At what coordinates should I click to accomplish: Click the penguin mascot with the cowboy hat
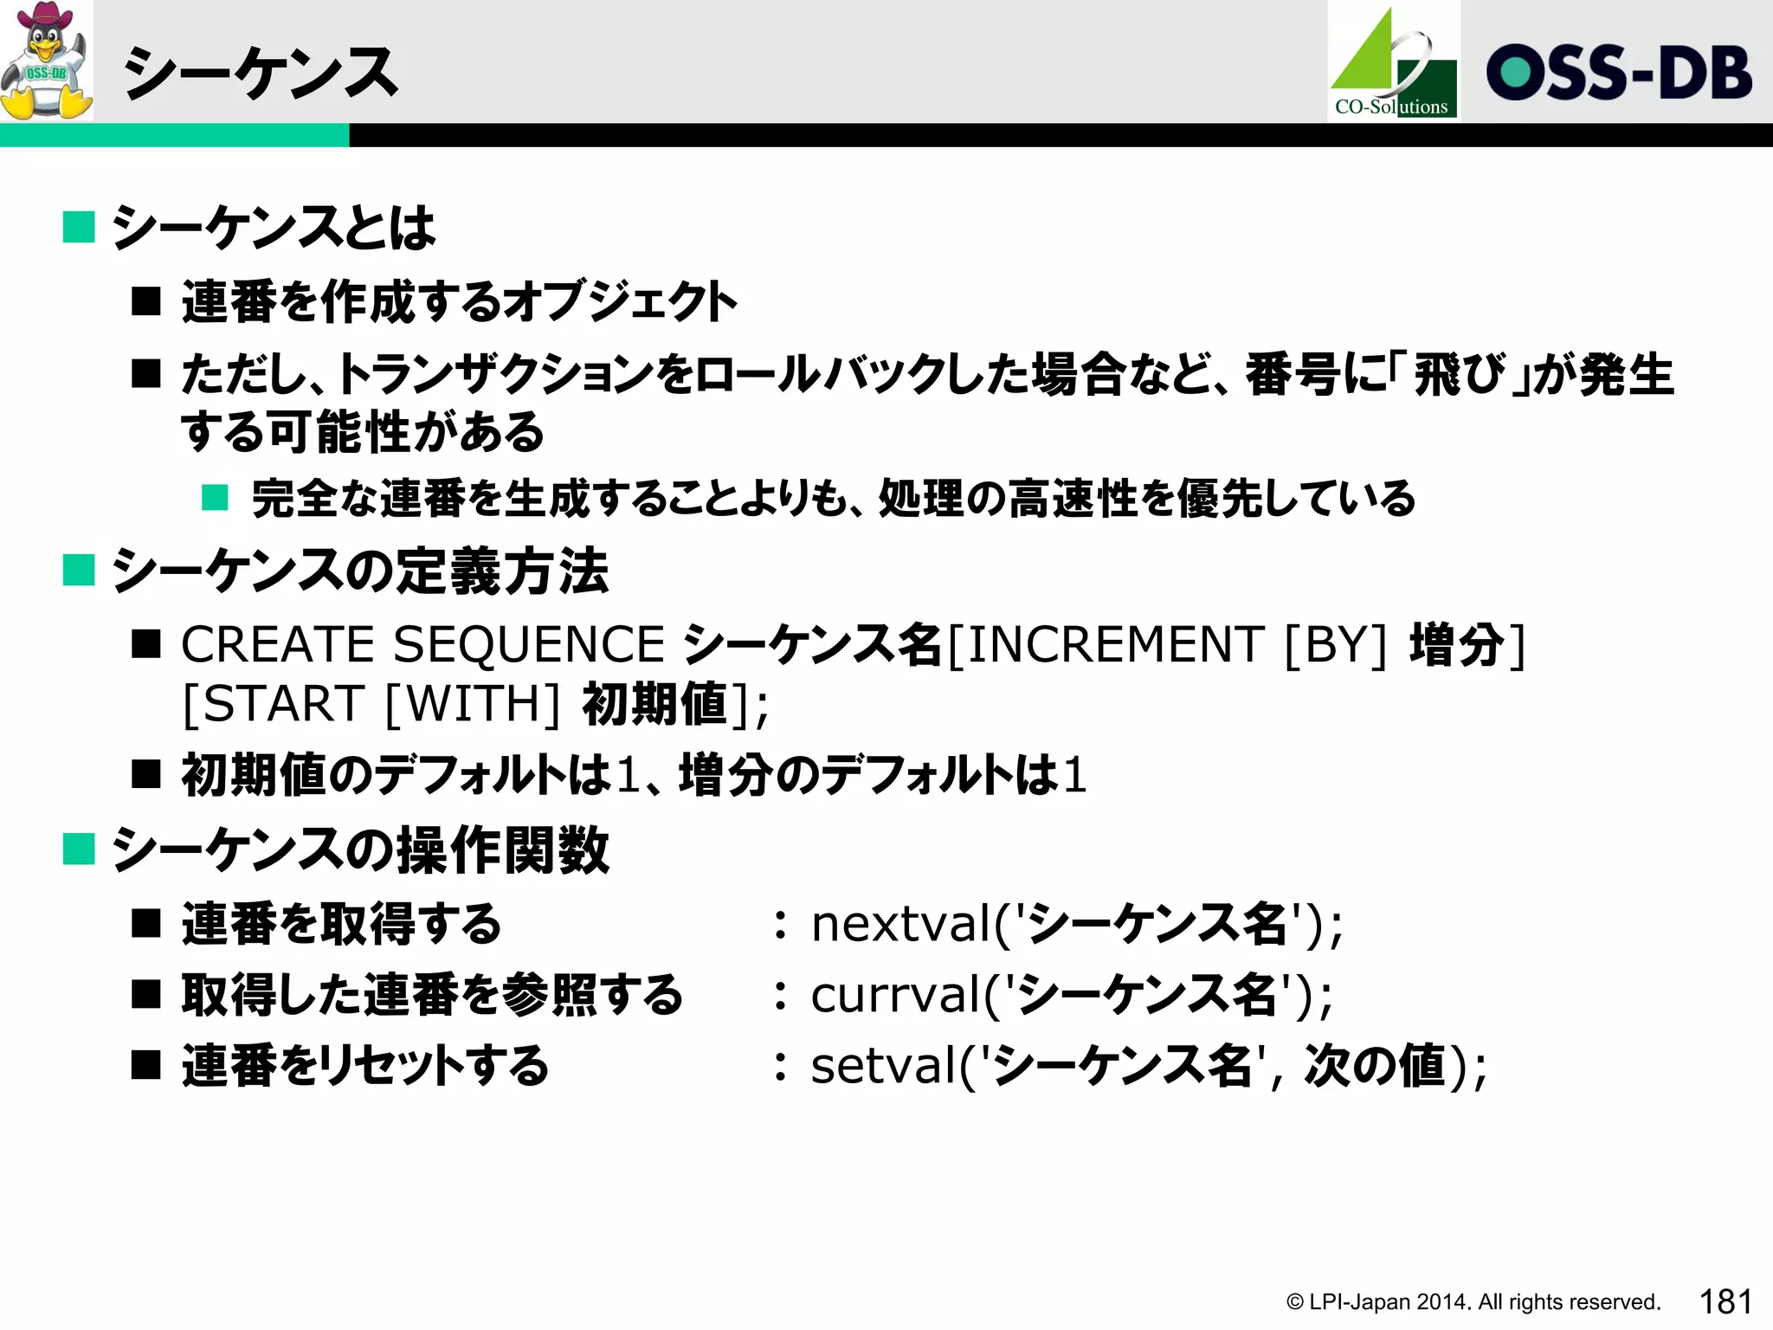pos(47,61)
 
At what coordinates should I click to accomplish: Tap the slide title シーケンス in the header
pos(260,73)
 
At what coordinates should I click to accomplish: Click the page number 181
pos(1725,1301)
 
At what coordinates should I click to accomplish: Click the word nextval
pos(900,924)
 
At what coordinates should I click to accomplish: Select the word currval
pos(895,995)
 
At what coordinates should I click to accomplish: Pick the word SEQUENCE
pos(529,645)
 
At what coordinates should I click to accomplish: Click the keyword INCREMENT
pos(1115,645)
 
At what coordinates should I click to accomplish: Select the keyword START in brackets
pos(283,703)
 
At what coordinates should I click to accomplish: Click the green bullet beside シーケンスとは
pos(79,228)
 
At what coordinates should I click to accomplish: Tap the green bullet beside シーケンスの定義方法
pos(79,571)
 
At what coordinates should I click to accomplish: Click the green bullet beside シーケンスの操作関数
pos(79,849)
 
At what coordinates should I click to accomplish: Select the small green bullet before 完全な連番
pos(215,498)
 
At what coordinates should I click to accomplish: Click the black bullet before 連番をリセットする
pos(146,1065)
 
